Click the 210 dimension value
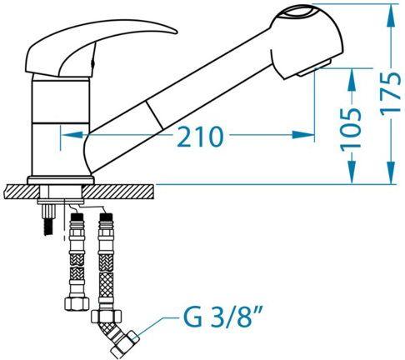(x=200, y=136)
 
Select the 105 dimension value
(x=352, y=129)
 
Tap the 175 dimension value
(x=390, y=92)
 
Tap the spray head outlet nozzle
(x=314, y=68)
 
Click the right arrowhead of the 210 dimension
(x=302, y=135)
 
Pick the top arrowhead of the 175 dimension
(x=391, y=16)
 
